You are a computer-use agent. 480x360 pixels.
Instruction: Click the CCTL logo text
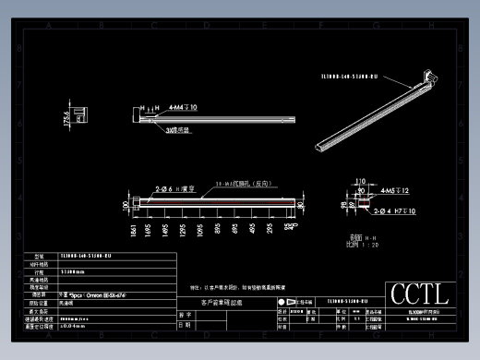[x=419, y=295]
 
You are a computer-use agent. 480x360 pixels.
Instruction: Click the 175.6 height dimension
[x=66, y=120]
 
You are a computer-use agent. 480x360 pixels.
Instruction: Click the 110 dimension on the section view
[x=361, y=182]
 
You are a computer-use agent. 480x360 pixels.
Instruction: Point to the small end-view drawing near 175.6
[x=82, y=114]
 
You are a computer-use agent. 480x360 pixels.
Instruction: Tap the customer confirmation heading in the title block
[x=222, y=302]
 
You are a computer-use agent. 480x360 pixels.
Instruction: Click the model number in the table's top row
[x=85, y=256]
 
